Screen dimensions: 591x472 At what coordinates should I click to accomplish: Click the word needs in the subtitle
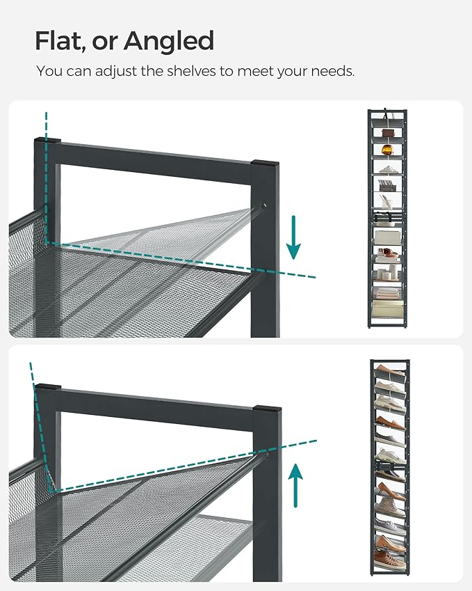pos(334,72)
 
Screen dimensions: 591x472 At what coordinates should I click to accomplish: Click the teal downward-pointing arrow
pos(295,237)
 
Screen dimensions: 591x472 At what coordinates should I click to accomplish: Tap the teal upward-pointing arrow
pos(297,487)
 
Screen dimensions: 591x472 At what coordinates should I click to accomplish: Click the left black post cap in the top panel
pos(47,141)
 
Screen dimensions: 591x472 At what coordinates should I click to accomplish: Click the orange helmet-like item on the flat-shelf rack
pos(382,148)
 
